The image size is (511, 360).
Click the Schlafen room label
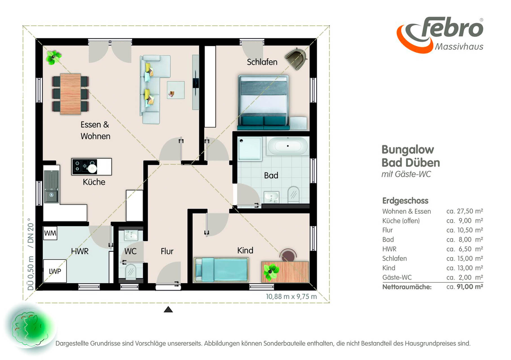coord(262,62)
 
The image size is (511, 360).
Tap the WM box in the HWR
coord(50,233)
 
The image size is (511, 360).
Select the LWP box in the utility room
coord(55,271)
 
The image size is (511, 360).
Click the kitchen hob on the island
coord(84,166)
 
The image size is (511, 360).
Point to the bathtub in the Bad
coord(288,146)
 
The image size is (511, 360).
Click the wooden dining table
coord(70,94)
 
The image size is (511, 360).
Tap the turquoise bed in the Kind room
coord(221,269)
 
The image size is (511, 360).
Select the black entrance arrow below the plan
coord(168,309)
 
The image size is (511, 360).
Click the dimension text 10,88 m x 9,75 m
coord(291,296)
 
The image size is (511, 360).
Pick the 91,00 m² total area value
coord(470,287)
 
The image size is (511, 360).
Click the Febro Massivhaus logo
coord(440,35)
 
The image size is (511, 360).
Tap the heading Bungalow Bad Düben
coord(411,156)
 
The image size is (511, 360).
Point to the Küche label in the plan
coord(94,182)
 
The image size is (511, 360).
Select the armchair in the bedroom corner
coord(296,58)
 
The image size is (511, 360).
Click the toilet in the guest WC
coord(131,271)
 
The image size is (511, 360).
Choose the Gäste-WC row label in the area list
coord(397,277)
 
